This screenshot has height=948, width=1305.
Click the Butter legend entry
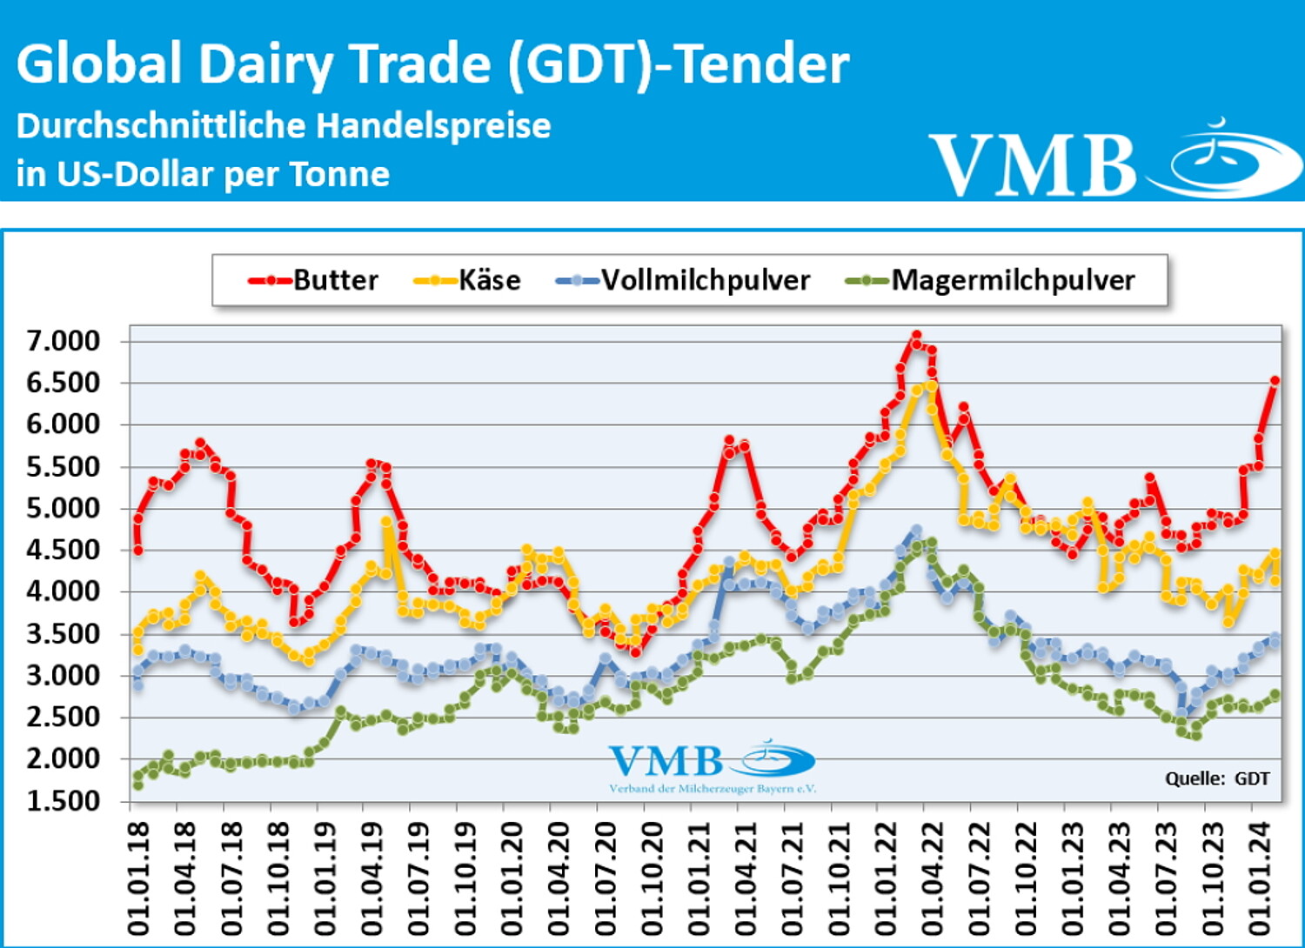click(314, 280)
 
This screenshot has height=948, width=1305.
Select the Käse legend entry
click(468, 280)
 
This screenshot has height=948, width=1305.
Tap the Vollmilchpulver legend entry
click(684, 280)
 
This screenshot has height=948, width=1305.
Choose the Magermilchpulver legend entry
click(991, 280)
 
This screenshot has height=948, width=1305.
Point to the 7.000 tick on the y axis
click(64, 341)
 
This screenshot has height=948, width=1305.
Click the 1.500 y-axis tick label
click(64, 801)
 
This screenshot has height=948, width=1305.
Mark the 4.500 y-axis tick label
click(64, 551)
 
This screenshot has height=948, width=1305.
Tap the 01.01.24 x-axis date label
click(1260, 878)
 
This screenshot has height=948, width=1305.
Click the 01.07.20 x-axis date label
click(606, 878)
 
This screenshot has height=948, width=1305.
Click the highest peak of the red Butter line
click(916, 335)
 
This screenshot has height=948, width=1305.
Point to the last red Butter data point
click(1275, 380)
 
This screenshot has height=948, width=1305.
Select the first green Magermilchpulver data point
click(137, 784)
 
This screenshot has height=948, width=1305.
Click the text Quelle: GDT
click(1217, 778)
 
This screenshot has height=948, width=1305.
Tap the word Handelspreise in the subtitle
click(432, 126)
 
